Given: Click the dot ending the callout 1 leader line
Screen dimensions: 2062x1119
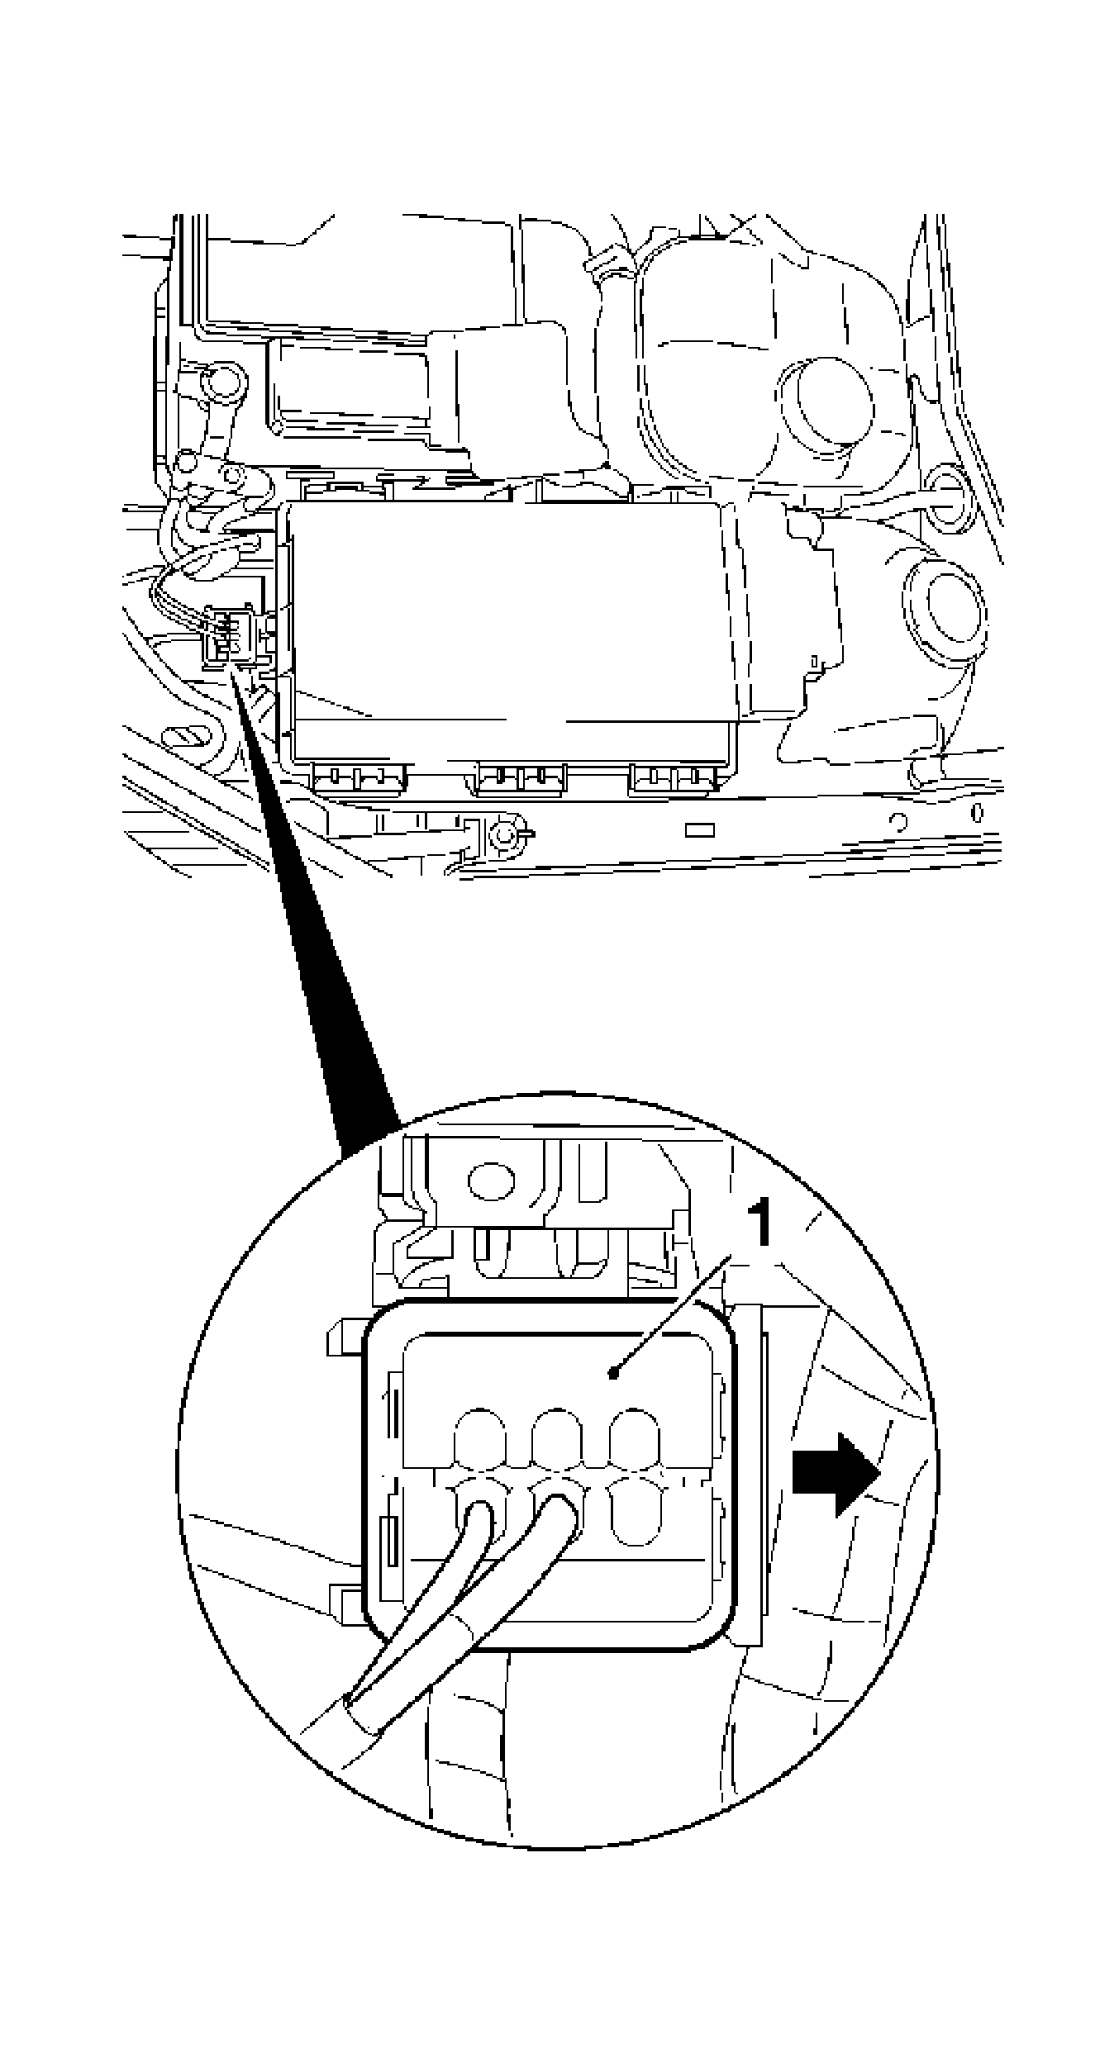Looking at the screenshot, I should tap(612, 1374).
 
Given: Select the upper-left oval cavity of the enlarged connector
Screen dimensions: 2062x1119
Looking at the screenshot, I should tap(479, 1438).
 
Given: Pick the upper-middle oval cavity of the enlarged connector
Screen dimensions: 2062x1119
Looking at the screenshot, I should tap(556, 1438).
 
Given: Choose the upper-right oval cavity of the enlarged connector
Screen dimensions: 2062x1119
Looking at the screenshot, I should tap(634, 1438).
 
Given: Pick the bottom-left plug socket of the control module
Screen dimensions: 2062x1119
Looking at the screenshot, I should tap(359, 778).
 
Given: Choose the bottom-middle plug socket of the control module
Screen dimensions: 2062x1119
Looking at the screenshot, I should tap(520, 778).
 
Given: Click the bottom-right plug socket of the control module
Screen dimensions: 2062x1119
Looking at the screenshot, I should tap(674, 778).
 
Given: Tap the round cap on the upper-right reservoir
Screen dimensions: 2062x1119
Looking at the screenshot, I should tap(826, 402).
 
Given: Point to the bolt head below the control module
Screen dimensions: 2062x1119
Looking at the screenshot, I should tap(501, 836).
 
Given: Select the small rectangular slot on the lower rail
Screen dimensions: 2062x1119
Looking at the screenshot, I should tap(701, 829).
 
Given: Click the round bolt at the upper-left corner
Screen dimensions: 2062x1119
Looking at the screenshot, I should tap(220, 382).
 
